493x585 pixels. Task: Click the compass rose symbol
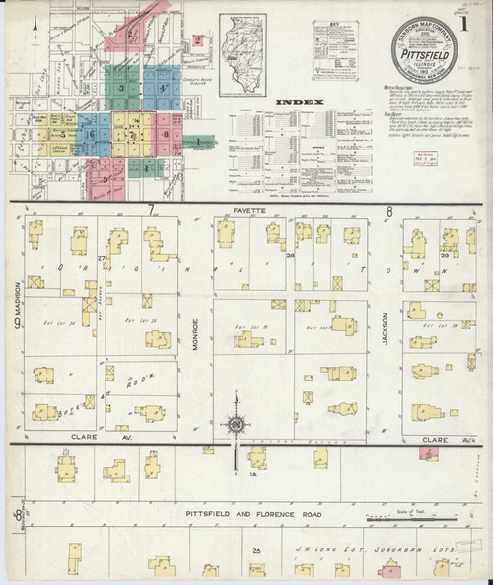pyautogui.click(x=238, y=426)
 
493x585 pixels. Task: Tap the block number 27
pyautogui.click(x=102, y=257)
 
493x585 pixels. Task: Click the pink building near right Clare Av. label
pyautogui.click(x=429, y=452)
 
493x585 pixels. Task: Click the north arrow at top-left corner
pyautogui.click(x=31, y=20)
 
